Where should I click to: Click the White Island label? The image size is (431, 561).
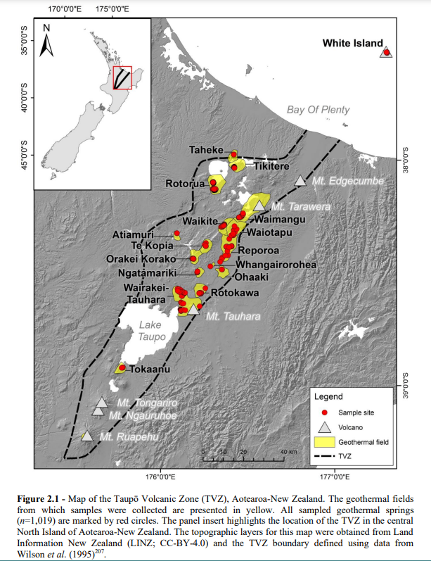353,43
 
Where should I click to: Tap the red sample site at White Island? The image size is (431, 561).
385,52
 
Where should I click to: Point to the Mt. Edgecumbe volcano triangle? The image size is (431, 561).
300,181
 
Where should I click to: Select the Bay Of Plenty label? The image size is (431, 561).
318,110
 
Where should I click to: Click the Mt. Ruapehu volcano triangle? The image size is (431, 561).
86,436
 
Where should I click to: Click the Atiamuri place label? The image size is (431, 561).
131,234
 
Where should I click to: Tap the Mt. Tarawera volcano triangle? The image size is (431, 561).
259,206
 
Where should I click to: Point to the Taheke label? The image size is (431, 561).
206,150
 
